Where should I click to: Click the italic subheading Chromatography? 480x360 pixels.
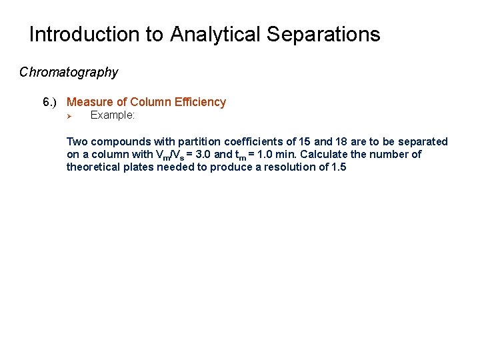(x=69, y=72)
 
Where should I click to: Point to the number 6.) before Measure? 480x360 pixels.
(x=51, y=102)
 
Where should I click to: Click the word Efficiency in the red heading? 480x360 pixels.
(x=200, y=102)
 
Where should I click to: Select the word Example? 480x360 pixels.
(x=113, y=115)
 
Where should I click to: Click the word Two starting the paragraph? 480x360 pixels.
(x=77, y=141)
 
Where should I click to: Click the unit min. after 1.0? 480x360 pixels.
(x=297, y=154)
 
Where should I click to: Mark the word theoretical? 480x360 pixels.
(x=94, y=167)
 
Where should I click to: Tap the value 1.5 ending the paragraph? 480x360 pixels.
(x=338, y=167)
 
